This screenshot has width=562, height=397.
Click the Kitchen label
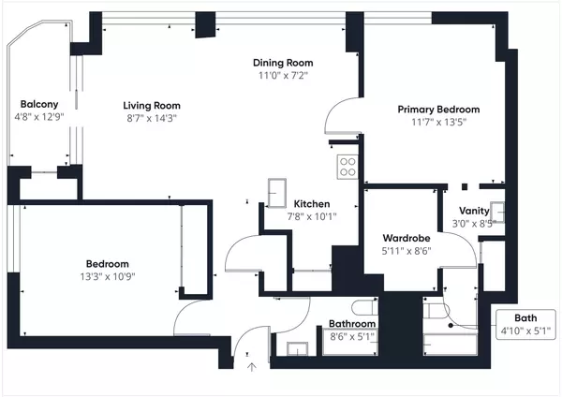(311, 204)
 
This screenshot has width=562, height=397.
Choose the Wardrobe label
(406, 238)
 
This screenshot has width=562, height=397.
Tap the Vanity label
(474, 211)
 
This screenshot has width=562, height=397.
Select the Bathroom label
(352, 326)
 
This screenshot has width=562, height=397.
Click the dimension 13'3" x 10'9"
(108, 276)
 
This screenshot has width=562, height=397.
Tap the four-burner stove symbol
(348, 167)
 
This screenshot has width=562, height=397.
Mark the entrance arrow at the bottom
(251, 368)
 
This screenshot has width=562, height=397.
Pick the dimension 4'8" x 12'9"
(39, 117)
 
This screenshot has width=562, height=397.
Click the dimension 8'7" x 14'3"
(152, 119)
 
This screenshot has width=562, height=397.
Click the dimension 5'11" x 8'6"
(406, 251)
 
